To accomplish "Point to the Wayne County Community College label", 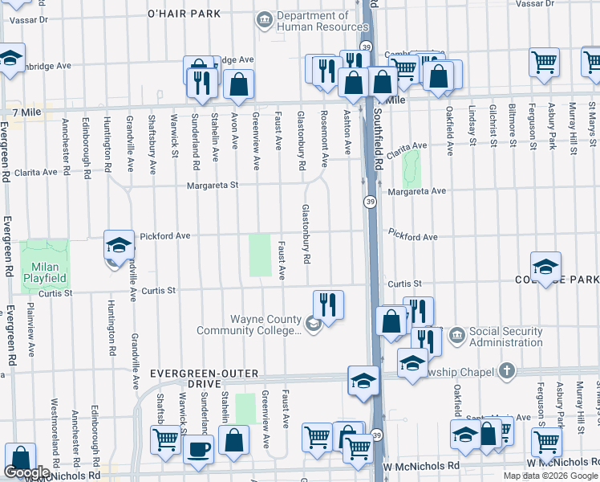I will (265, 325).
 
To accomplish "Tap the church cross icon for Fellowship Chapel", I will (505, 370).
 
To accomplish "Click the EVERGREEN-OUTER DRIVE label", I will (204, 379).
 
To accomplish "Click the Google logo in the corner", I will (26, 472).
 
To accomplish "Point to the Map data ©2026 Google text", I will (550, 476).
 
